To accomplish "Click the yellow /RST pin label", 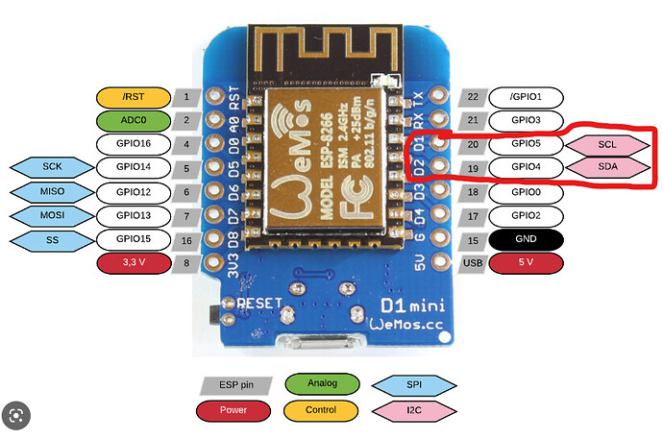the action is [x=134, y=98].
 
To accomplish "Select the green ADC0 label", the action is [x=134, y=121].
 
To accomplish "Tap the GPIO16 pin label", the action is [x=134, y=144].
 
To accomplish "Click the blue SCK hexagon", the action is [x=52, y=167].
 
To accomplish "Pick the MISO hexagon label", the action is [x=52, y=192].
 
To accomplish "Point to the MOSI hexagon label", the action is [x=52, y=215].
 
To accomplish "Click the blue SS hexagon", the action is [x=52, y=241].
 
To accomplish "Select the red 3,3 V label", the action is [x=134, y=263].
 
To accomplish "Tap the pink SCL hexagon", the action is [x=607, y=145].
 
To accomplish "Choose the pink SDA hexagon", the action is [x=607, y=167].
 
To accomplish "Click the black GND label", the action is [x=526, y=239].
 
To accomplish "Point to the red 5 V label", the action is [x=526, y=263].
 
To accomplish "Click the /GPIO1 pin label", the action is [x=526, y=98].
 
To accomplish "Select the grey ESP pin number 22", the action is [x=473, y=98].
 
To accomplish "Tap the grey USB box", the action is [x=473, y=263].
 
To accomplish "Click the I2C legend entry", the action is [x=414, y=410].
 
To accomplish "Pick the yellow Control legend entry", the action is [x=321, y=410].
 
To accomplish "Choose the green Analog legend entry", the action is [x=322, y=383].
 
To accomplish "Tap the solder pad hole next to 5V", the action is [x=440, y=261].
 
